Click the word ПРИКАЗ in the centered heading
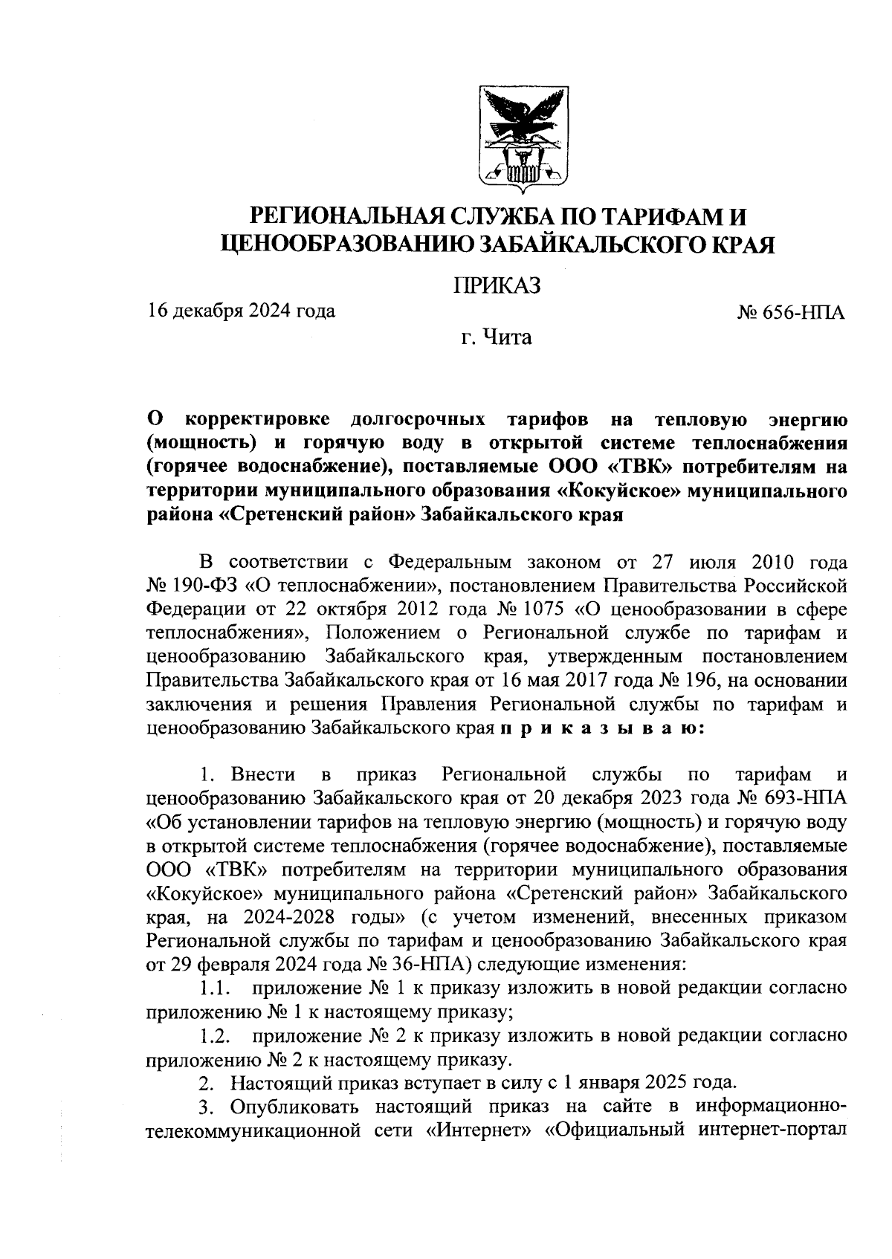497,285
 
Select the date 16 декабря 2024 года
241,310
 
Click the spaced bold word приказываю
598,728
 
